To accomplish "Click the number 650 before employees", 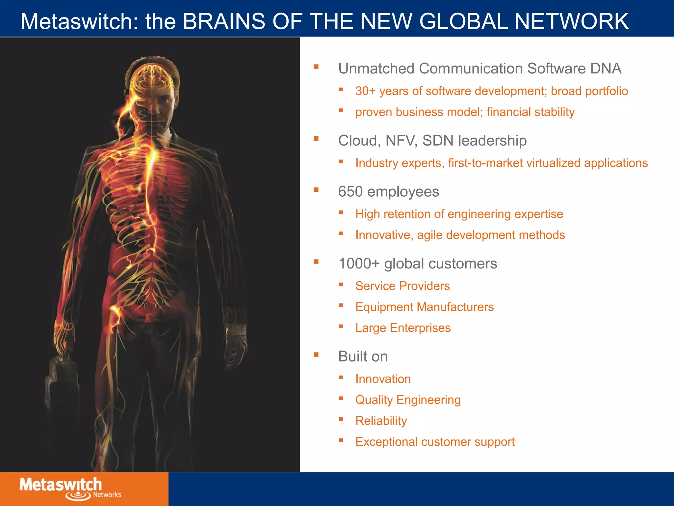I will (x=350, y=192).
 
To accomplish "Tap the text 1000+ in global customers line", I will (x=359, y=264).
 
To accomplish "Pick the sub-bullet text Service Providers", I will (x=402, y=286).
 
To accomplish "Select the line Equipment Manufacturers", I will (x=424, y=307).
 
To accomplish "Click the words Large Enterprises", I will (x=403, y=328).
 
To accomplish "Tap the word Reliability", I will (x=381, y=421).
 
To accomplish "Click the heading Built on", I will (x=363, y=356).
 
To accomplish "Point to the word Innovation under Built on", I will (x=383, y=379).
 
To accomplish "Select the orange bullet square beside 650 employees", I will (x=316, y=190).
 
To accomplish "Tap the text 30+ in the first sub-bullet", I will (x=365, y=91).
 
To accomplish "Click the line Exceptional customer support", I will (x=435, y=442).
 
